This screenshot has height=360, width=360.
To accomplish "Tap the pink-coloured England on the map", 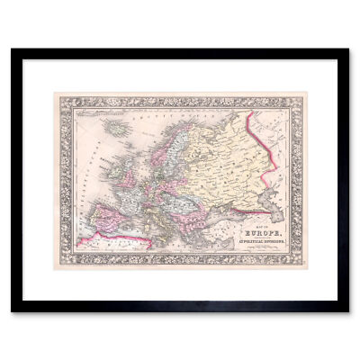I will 112,180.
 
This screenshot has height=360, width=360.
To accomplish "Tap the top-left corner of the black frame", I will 13,51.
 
